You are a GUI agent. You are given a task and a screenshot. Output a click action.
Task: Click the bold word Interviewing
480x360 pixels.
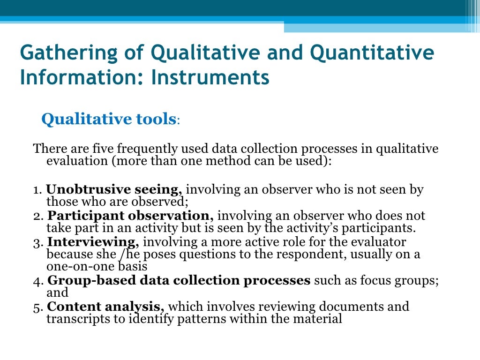pos(93,242)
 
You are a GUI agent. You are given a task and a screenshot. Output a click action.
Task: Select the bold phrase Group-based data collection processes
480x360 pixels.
pos(179,280)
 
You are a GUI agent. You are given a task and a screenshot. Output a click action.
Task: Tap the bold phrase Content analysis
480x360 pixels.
pos(105,307)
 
